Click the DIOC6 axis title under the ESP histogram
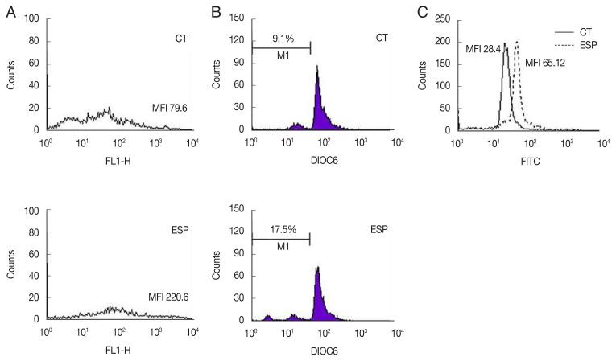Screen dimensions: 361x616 point(323,352)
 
